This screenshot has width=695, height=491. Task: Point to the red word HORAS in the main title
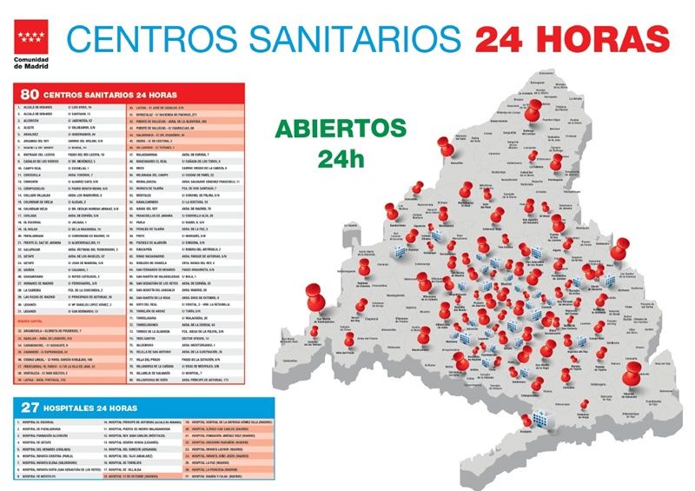609,39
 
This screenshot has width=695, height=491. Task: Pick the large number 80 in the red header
30,94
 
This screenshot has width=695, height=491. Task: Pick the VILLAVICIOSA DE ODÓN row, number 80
162,380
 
